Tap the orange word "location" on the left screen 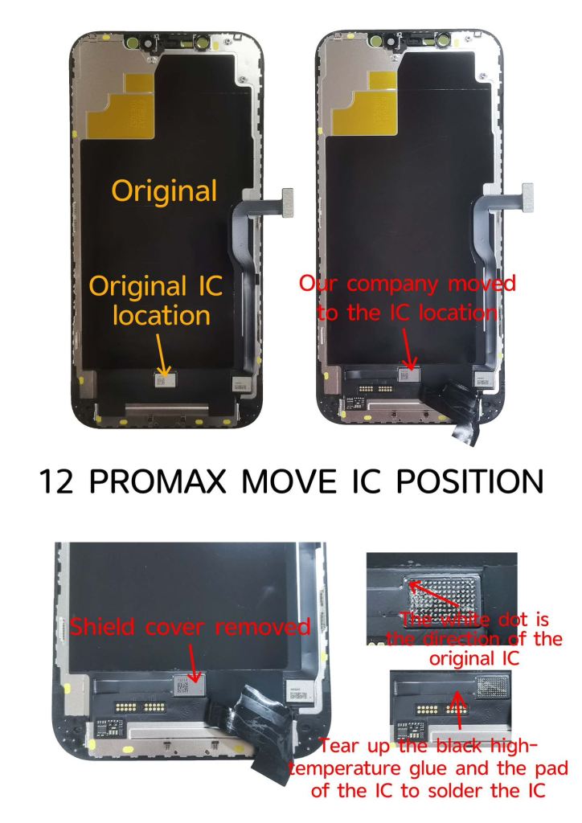(162, 315)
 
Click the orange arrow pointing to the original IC (162, 356)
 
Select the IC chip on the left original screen (165, 379)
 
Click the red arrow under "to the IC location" (408, 349)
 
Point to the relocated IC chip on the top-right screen (410, 375)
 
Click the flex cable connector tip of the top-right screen (527, 198)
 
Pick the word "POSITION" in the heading (469, 481)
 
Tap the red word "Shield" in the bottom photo (102, 627)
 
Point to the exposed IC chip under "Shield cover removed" (189, 685)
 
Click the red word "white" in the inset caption (467, 620)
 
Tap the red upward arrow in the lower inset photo (459, 710)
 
